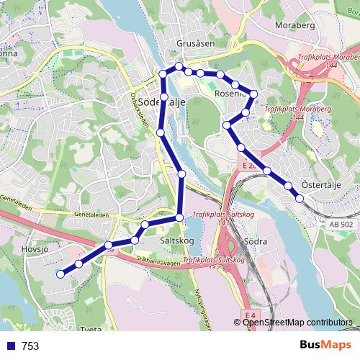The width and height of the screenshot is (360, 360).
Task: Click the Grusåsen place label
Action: point(195,43)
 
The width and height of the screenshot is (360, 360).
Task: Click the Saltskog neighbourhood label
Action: point(176,240)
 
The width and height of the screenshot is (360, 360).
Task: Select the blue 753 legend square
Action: point(10,346)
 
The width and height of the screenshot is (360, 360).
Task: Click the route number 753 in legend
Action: point(30,346)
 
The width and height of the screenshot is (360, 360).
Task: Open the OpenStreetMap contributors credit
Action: point(297,323)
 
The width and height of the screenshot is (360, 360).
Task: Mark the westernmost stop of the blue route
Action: point(61,274)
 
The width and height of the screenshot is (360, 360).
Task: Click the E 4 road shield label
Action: point(249,315)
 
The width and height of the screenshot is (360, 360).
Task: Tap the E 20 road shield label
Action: point(249,166)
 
